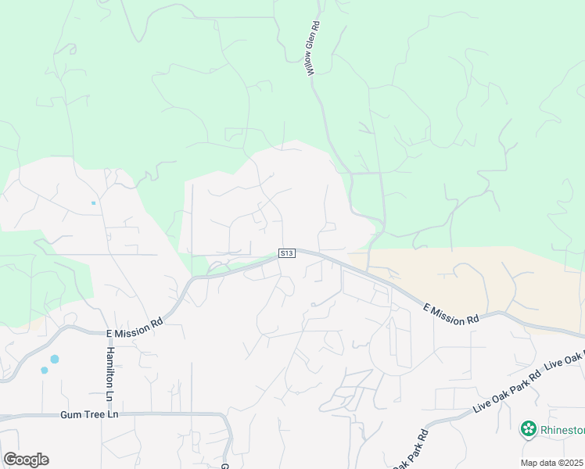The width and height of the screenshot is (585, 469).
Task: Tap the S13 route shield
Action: point(287,253)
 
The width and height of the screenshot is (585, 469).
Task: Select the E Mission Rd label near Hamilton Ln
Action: point(135,327)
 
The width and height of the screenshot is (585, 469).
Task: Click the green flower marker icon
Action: point(529,428)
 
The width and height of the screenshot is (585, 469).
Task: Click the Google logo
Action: point(26,459)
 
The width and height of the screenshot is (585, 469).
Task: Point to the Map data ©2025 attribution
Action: point(552,463)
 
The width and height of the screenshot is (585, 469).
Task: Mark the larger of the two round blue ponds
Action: point(54,360)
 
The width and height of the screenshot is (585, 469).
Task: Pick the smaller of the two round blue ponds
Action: point(44,371)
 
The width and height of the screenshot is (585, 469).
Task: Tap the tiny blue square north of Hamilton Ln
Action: point(93,203)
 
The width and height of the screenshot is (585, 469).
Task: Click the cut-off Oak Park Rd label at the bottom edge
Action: point(411,452)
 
